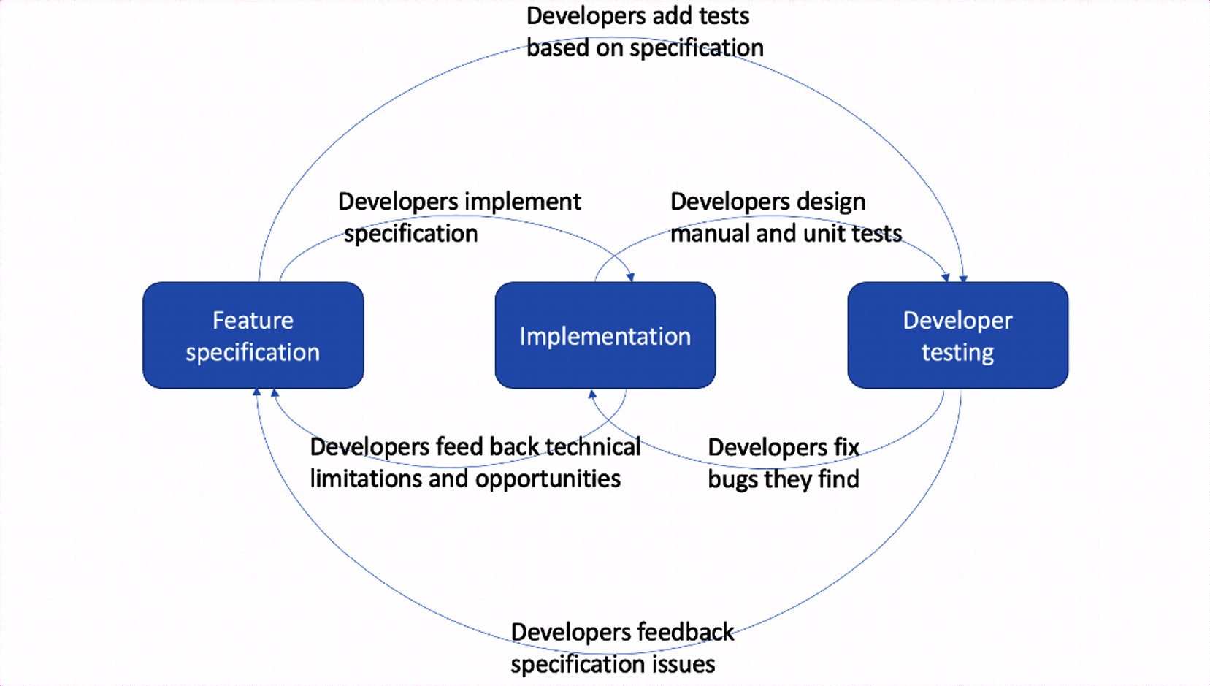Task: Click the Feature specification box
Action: [x=253, y=335]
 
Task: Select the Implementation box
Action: [x=605, y=335]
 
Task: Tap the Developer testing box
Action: [x=958, y=335]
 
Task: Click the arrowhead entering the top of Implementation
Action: [x=630, y=278]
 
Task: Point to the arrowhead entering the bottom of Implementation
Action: [x=592, y=394]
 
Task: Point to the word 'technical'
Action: [x=592, y=447]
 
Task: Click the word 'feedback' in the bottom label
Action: [x=686, y=633]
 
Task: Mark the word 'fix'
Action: [x=846, y=448]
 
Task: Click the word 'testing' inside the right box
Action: [x=958, y=353]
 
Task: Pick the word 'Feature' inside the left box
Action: [x=253, y=321]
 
